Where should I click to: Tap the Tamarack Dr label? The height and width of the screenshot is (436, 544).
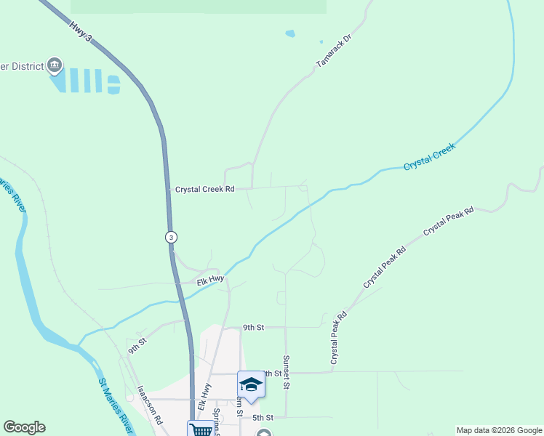(x=334, y=51)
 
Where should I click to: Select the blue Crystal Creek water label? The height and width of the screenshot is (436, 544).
(x=429, y=156)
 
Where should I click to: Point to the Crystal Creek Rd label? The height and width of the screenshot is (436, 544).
(x=205, y=189)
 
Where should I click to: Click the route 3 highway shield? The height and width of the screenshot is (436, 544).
(x=170, y=237)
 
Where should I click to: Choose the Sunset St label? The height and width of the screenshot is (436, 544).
(x=287, y=371)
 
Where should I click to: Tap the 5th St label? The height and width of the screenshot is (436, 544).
(x=262, y=418)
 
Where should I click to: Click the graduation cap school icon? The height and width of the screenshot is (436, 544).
(x=251, y=384)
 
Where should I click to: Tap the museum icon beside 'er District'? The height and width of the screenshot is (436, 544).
(x=55, y=66)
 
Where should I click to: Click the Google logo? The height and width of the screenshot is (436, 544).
(x=24, y=427)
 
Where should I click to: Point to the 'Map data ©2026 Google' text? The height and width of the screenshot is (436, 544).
(x=499, y=430)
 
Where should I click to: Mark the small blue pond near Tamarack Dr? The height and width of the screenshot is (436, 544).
(x=291, y=33)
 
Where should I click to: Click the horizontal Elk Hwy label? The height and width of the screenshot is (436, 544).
(x=209, y=281)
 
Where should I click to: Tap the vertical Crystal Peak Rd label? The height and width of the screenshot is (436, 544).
(x=337, y=338)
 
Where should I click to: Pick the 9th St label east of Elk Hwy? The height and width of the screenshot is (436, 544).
(x=253, y=328)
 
